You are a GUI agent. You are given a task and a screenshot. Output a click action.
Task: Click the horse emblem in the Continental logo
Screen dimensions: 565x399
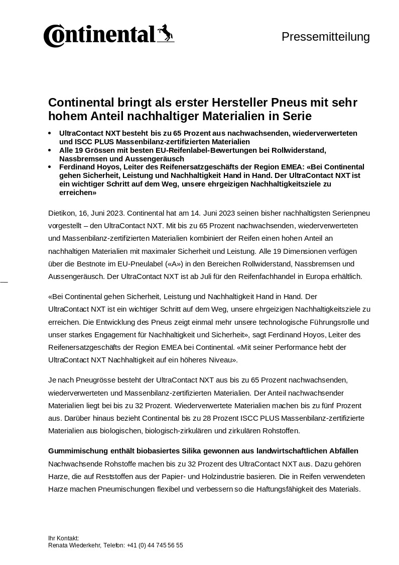(x=165, y=34)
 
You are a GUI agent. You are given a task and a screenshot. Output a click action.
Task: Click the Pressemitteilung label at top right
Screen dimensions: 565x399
(x=325, y=37)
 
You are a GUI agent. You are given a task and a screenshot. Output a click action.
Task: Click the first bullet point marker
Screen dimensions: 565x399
(x=50, y=133)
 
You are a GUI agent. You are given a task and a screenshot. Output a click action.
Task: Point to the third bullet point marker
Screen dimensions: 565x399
(x=50, y=167)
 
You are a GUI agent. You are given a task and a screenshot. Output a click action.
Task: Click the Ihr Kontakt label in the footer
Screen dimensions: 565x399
(x=63, y=538)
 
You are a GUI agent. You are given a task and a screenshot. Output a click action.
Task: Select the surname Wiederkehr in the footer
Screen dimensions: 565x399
(x=86, y=545)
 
